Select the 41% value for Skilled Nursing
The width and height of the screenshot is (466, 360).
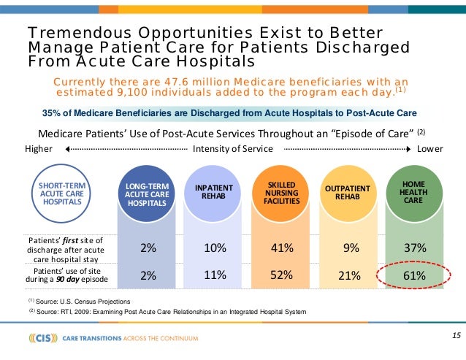point(282,248)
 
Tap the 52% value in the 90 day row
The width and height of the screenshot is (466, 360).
point(282,275)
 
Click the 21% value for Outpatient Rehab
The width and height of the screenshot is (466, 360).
point(350,275)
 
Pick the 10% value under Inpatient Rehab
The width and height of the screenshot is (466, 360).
point(215,248)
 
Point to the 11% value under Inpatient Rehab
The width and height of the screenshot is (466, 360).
point(215,275)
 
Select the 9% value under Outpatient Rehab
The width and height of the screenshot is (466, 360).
point(350,248)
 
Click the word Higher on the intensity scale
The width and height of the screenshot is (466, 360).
point(39,150)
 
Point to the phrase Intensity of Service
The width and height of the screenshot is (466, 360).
point(233,150)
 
